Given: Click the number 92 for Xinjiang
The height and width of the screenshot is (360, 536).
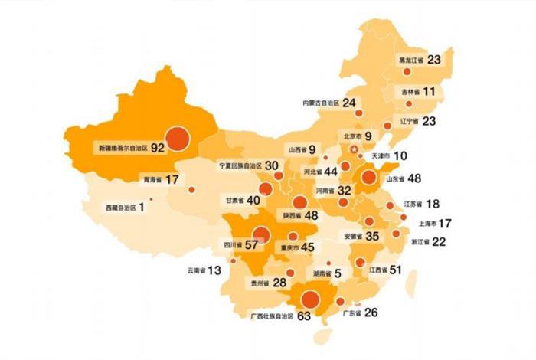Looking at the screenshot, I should point(159,146).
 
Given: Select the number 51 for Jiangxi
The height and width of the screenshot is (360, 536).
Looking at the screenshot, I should point(395,270).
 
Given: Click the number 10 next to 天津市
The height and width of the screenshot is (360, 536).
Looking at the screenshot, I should point(400,155).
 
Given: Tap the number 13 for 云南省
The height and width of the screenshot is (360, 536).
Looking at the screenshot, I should point(214,270).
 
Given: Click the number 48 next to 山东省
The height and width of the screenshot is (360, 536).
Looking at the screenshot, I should point(416,179).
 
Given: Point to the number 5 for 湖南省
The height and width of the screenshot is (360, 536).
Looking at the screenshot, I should point(337,273).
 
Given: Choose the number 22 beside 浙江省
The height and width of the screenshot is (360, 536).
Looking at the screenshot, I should point(439,241).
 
